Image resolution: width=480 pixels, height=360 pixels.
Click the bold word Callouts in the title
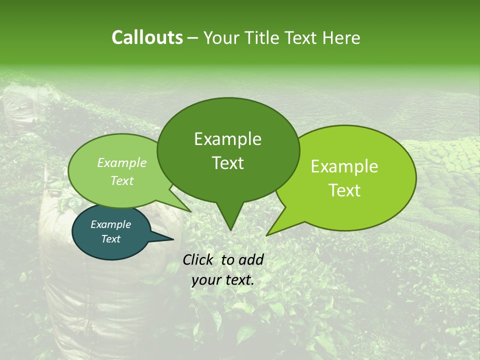pyautogui.click(x=147, y=37)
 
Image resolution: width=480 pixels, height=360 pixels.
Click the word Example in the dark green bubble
pyautogui.click(x=227, y=139)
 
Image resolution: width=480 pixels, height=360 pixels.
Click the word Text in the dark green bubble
pyautogui.click(x=227, y=163)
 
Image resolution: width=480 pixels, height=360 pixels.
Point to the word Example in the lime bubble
pyautogui.click(x=344, y=166)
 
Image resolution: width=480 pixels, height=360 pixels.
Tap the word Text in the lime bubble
pyautogui.click(x=344, y=190)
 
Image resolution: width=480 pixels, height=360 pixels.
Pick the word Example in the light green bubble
pyautogui.click(x=122, y=162)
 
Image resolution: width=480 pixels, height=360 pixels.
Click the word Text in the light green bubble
pyautogui.click(x=122, y=180)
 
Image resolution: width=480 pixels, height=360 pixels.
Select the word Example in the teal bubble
pyautogui.click(x=110, y=224)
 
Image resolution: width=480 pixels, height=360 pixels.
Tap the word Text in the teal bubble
pyautogui.click(x=110, y=239)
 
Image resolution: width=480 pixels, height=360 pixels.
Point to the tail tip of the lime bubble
pyautogui.click(x=267, y=235)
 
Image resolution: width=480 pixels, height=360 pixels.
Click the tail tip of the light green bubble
pyautogui.click(x=190, y=211)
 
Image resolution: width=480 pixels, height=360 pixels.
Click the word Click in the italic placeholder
pyautogui.click(x=199, y=259)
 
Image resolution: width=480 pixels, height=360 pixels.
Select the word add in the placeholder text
pyautogui.click(x=251, y=259)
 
